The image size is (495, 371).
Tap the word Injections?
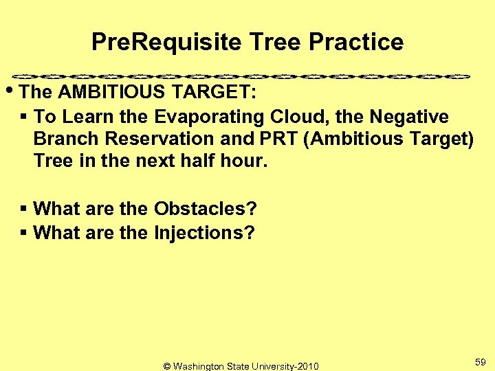click(x=204, y=233)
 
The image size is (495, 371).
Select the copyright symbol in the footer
click(x=167, y=366)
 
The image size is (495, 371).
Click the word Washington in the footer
click(x=203, y=366)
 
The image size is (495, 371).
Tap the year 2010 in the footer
click(x=307, y=366)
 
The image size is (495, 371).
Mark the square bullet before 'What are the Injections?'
click(x=24, y=233)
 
